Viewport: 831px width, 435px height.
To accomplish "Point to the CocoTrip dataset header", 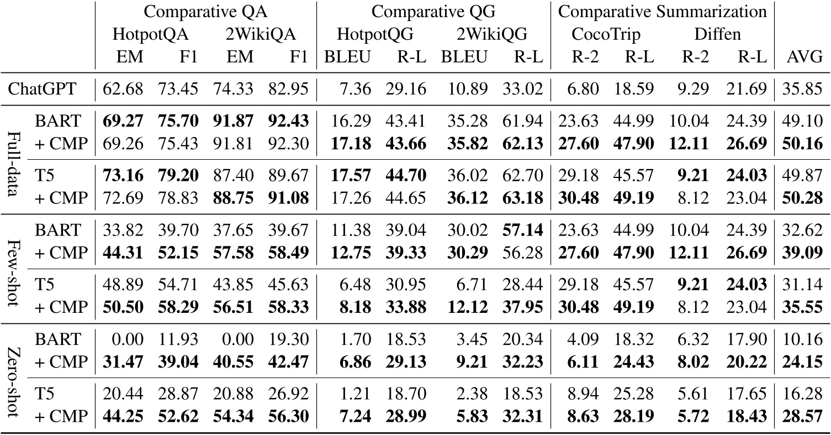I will pos(605,34).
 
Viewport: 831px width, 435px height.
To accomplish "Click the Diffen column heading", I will pos(717,34).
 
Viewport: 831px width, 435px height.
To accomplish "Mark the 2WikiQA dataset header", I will pos(258,34).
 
